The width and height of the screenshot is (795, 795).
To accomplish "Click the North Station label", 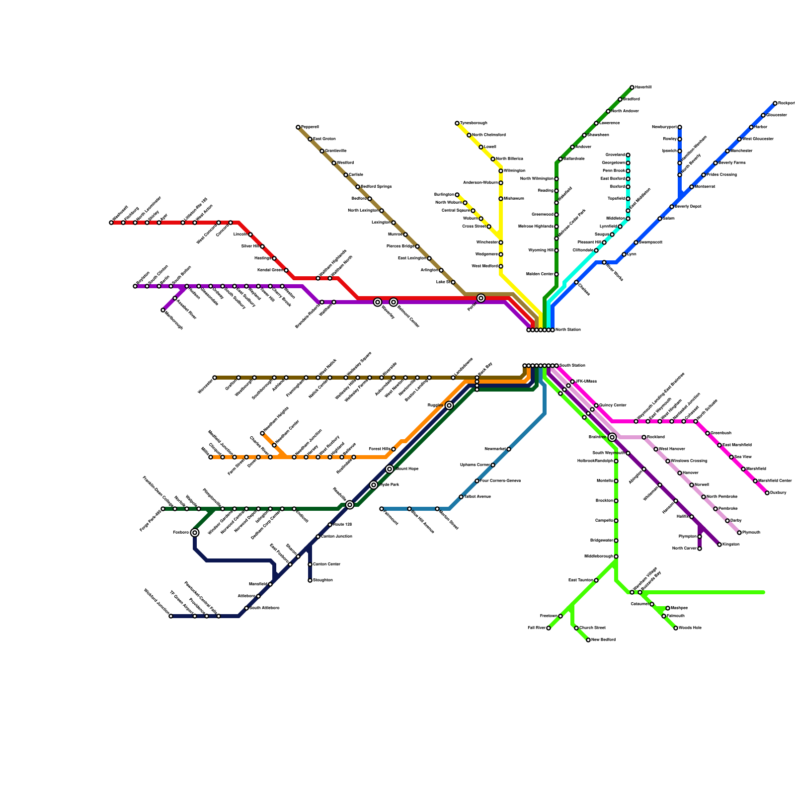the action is (x=568, y=330).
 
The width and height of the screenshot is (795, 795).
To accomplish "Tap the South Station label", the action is (x=572, y=366).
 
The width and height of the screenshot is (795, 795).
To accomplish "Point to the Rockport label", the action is (x=786, y=103).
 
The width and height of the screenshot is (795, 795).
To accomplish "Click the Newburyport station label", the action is (x=664, y=127).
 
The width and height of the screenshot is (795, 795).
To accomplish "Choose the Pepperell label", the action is (x=310, y=127).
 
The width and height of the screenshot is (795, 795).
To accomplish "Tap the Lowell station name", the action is (x=490, y=147).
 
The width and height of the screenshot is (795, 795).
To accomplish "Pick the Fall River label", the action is (x=536, y=628).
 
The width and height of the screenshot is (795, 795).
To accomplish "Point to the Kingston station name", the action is (x=731, y=545).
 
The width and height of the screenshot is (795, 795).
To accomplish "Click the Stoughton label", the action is (x=323, y=580).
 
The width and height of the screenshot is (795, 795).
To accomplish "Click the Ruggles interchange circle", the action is (x=449, y=405).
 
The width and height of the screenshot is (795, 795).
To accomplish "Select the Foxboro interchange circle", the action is (x=195, y=533).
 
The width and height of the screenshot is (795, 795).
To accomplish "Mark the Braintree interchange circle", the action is (x=612, y=437).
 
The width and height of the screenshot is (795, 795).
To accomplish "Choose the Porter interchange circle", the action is (x=481, y=298).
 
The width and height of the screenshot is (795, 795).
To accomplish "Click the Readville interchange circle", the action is (x=350, y=505).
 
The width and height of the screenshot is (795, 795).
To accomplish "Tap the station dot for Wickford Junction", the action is (x=171, y=616).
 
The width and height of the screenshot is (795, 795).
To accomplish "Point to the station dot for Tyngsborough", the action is (x=457, y=123).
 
